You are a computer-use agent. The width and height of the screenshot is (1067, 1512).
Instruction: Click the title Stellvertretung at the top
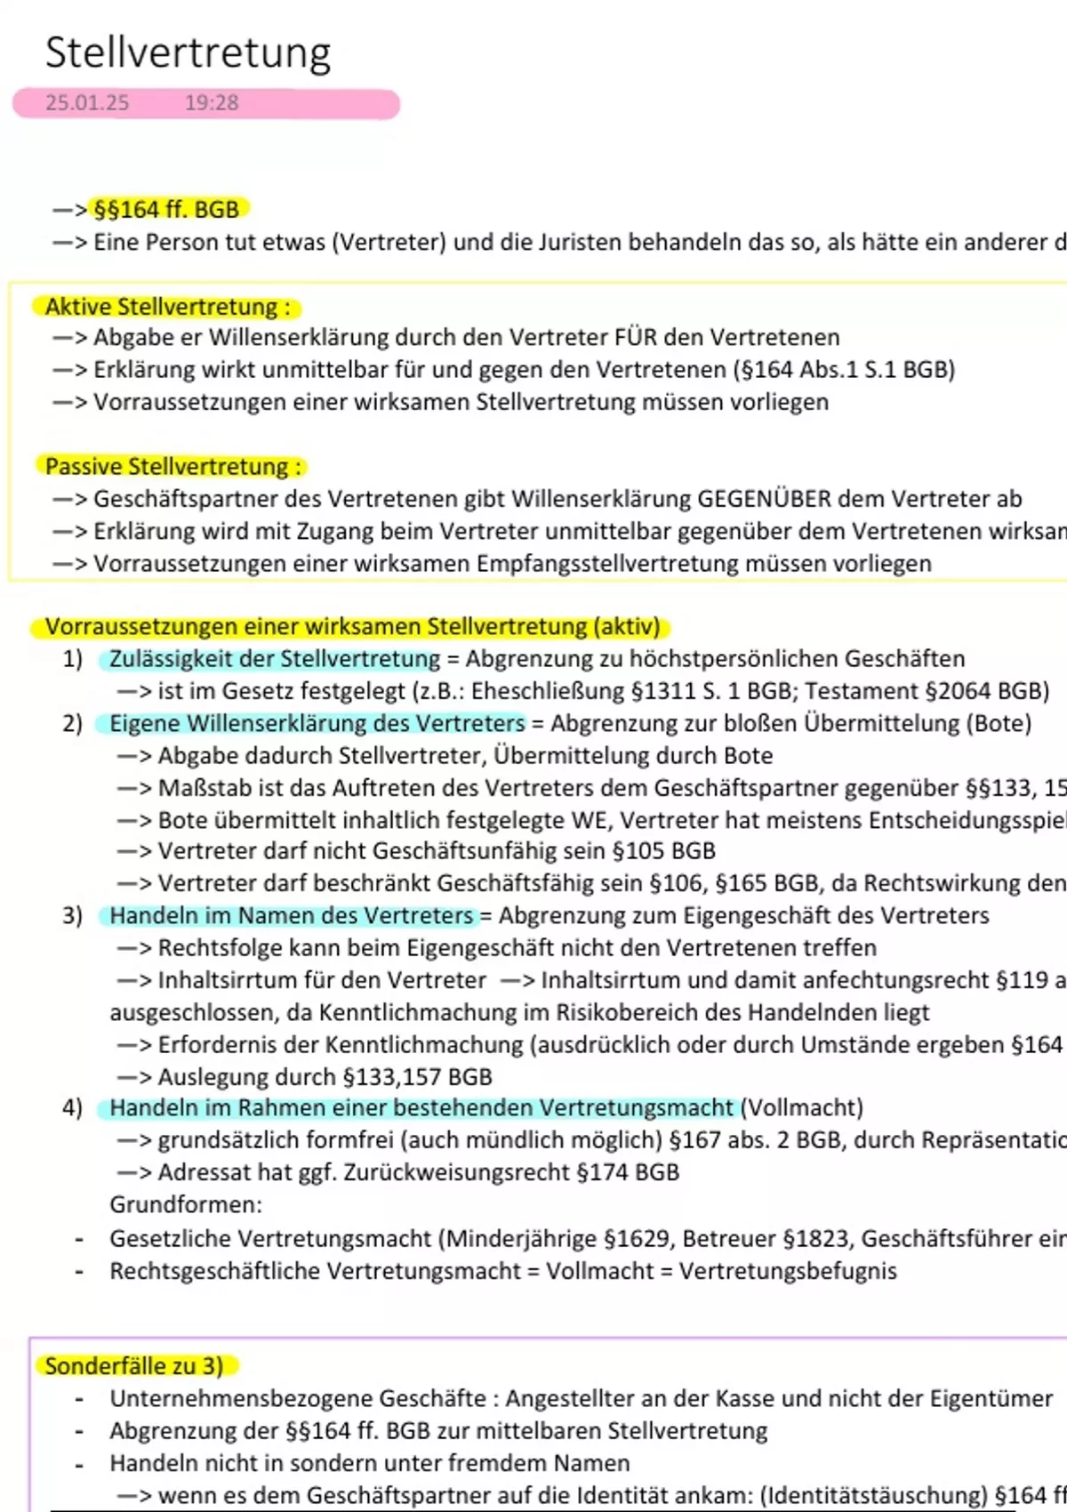point(188,52)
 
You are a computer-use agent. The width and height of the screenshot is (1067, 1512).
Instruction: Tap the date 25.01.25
point(87,103)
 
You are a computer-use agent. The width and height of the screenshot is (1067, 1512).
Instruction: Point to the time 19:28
point(212,103)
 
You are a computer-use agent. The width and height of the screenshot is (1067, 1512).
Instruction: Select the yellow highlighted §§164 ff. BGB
point(166,210)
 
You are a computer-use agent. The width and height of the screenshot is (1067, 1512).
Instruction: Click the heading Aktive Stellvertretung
point(167,307)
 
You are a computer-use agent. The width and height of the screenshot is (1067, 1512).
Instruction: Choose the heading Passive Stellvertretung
point(172,467)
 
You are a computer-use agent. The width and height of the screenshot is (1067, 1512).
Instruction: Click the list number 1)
point(72,659)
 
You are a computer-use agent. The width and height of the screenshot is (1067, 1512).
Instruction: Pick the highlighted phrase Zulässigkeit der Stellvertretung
point(275,659)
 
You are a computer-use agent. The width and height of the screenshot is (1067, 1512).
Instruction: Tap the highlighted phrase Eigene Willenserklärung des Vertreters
point(317,723)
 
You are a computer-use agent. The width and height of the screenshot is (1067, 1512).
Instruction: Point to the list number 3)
point(72,915)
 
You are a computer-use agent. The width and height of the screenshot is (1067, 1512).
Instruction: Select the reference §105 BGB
point(664,851)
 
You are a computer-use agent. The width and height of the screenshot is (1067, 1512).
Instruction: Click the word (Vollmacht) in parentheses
point(801,1108)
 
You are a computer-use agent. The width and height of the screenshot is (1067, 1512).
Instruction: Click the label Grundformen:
point(186,1205)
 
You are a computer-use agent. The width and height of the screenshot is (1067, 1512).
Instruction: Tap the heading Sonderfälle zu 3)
point(134,1366)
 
